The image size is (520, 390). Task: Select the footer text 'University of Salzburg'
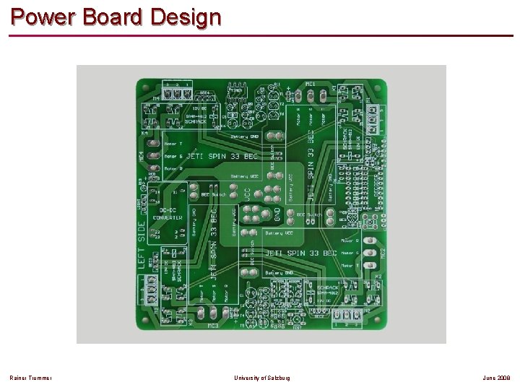click(263, 378)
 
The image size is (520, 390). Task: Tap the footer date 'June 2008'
click(496, 378)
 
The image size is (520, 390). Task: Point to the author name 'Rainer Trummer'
click(30, 378)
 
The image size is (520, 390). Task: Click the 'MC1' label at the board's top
click(311, 84)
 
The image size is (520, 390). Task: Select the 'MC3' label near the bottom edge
click(213, 326)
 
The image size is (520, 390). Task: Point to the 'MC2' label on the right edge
click(383, 254)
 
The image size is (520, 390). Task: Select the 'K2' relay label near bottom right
click(378, 277)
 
